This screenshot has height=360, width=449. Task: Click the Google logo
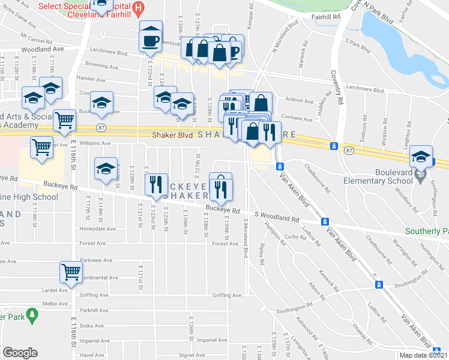pyautogui.click(x=20, y=352)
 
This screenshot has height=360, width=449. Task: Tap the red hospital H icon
pyautogui.click(x=139, y=8)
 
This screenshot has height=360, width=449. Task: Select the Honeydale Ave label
pyautogui.click(x=98, y=229)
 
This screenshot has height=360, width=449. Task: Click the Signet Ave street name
pyautogui.click(x=191, y=355)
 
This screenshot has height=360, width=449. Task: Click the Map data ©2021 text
pyautogui.click(x=422, y=355)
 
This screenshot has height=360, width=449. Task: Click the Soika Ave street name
pyautogui.click(x=92, y=326)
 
